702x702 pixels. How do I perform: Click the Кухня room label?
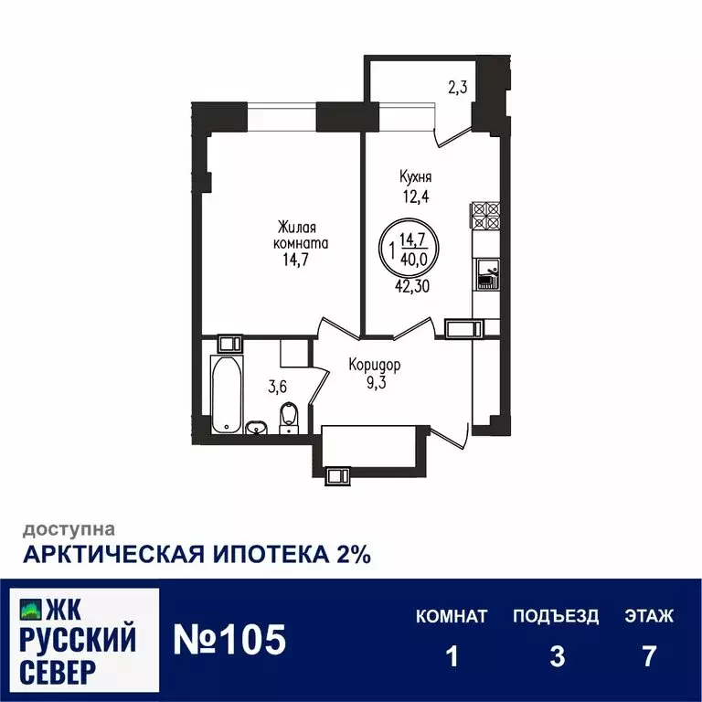(415, 178)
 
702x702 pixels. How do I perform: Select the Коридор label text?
(374, 365)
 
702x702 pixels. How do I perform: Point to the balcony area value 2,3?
(458, 88)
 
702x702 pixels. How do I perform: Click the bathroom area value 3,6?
(277, 387)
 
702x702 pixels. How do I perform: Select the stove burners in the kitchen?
(484, 215)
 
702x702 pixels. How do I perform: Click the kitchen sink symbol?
(484, 272)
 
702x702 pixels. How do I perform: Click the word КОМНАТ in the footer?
(452, 616)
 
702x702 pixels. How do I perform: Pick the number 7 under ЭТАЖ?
(649, 656)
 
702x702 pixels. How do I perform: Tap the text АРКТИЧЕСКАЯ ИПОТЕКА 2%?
(197, 555)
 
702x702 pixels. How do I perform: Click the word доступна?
(69, 528)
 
